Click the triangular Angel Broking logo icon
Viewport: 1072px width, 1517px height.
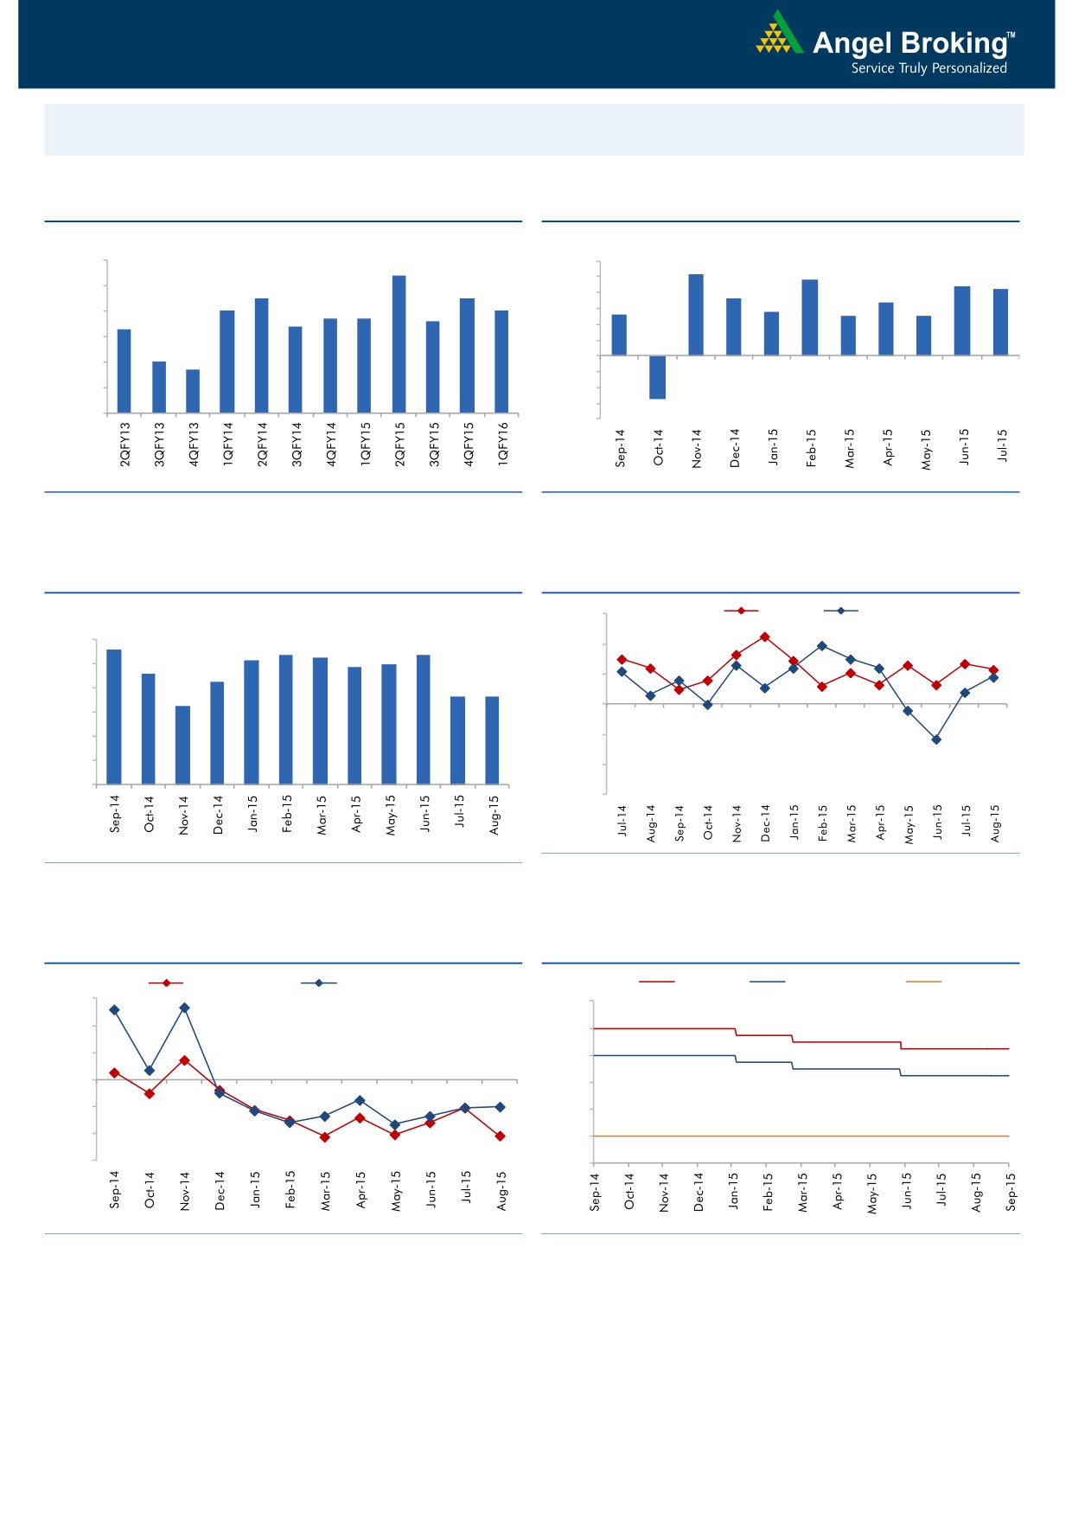click(x=779, y=34)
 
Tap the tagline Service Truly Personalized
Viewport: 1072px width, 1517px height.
click(x=928, y=68)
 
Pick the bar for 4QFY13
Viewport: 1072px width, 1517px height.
click(x=193, y=391)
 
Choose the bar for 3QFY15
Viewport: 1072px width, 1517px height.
click(x=432, y=367)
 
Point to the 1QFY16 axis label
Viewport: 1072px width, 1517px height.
click(x=503, y=445)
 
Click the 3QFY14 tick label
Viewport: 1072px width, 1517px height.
click(x=297, y=445)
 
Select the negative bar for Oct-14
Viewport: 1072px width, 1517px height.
click(x=657, y=377)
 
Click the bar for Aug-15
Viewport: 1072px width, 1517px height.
click(x=492, y=740)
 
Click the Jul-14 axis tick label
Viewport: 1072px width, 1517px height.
click(x=622, y=820)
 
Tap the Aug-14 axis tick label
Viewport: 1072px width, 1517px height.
click(x=651, y=823)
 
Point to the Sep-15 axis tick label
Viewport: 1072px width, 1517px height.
click(x=1011, y=1192)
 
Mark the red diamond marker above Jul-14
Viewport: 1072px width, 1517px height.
click(x=622, y=659)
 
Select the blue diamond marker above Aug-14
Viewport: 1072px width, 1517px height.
click(x=650, y=695)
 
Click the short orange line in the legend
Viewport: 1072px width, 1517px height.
click(x=922, y=982)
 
